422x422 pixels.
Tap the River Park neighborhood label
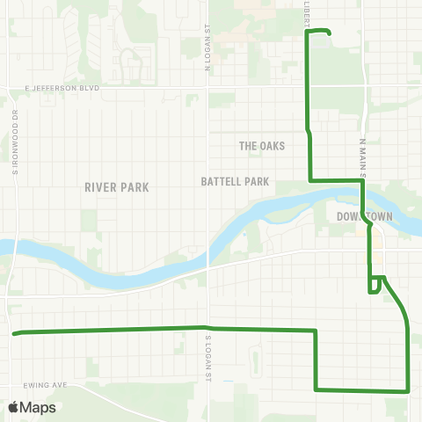click(x=117, y=187)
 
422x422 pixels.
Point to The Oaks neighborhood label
click(x=263, y=146)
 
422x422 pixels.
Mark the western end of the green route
click(x=13, y=333)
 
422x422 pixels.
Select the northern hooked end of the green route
click(x=329, y=33)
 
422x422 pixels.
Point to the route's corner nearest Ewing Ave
click(x=316, y=389)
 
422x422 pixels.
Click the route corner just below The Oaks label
click(x=310, y=180)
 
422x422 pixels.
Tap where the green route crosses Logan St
click(x=208, y=329)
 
